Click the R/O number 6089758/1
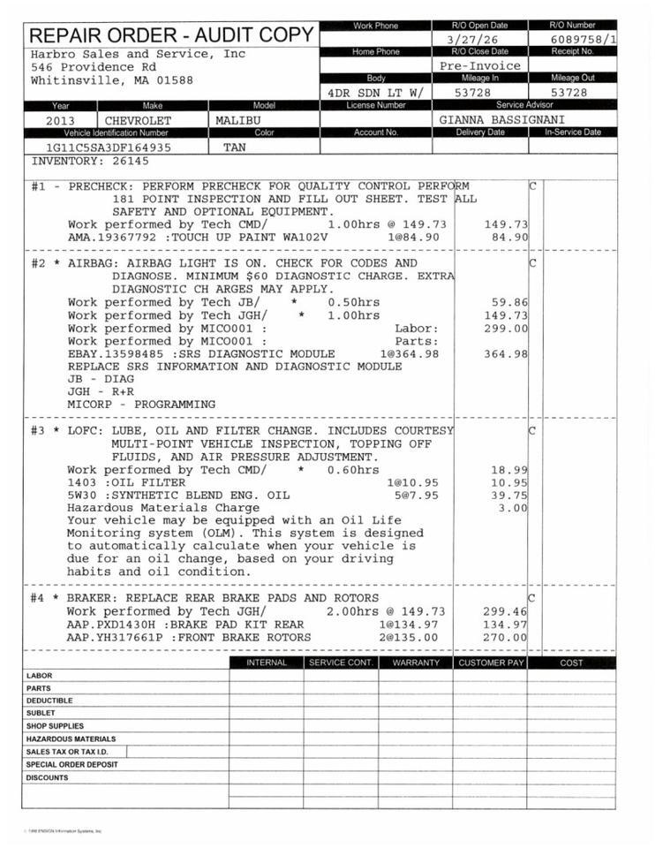coord(583,39)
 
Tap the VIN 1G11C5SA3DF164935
coord(109,148)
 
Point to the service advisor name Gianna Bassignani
coord(501,119)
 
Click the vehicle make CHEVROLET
coord(139,120)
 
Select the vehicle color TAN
coord(236,148)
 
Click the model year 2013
coord(60,120)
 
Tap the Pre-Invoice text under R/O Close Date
coord(480,65)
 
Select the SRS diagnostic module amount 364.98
coord(506,354)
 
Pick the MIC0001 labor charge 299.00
coord(506,329)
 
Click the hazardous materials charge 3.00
coord(512,508)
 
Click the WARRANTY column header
coord(416,662)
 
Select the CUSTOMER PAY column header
coord(491,662)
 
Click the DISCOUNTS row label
coord(47,778)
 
